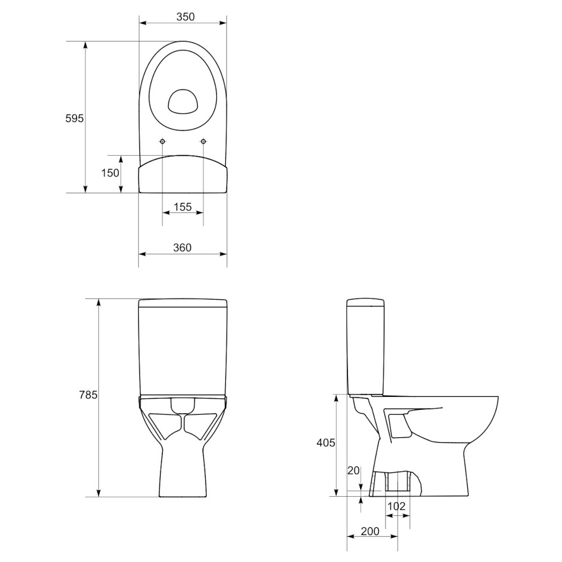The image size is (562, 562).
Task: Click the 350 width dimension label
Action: [x=185, y=16]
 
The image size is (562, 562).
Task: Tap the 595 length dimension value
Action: [x=74, y=118]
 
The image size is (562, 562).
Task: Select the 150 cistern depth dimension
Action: [x=110, y=173]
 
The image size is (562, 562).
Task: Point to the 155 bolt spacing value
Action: [x=183, y=207]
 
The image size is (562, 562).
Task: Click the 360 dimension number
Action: [x=183, y=248]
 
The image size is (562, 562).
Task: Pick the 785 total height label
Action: [x=88, y=395]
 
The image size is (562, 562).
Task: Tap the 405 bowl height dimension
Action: [x=326, y=443]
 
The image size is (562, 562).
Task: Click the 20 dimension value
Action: [x=353, y=470]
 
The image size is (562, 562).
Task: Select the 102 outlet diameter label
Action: [x=396, y=506]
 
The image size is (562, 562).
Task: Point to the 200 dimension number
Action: [x=370, y=531]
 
